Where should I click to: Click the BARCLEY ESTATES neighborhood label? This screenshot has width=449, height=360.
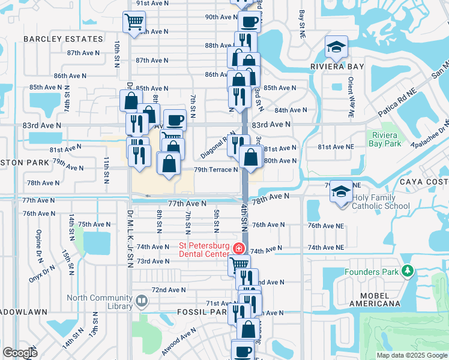point(63,39)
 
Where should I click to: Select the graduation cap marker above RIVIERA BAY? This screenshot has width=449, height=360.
point(337,47)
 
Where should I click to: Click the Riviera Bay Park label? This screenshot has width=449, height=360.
point(385,139)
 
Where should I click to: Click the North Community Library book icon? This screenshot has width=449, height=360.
point(142,300)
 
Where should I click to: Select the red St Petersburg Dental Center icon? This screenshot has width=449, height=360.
point(239,248)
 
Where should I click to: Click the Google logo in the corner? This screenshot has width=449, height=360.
point(20,353)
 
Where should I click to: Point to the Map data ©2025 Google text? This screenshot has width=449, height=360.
point(411,355)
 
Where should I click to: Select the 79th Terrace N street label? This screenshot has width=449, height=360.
point(215,170)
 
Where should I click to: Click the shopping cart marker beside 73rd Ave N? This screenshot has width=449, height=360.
point(240,264)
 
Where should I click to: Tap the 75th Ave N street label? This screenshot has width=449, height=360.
point(94,224)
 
